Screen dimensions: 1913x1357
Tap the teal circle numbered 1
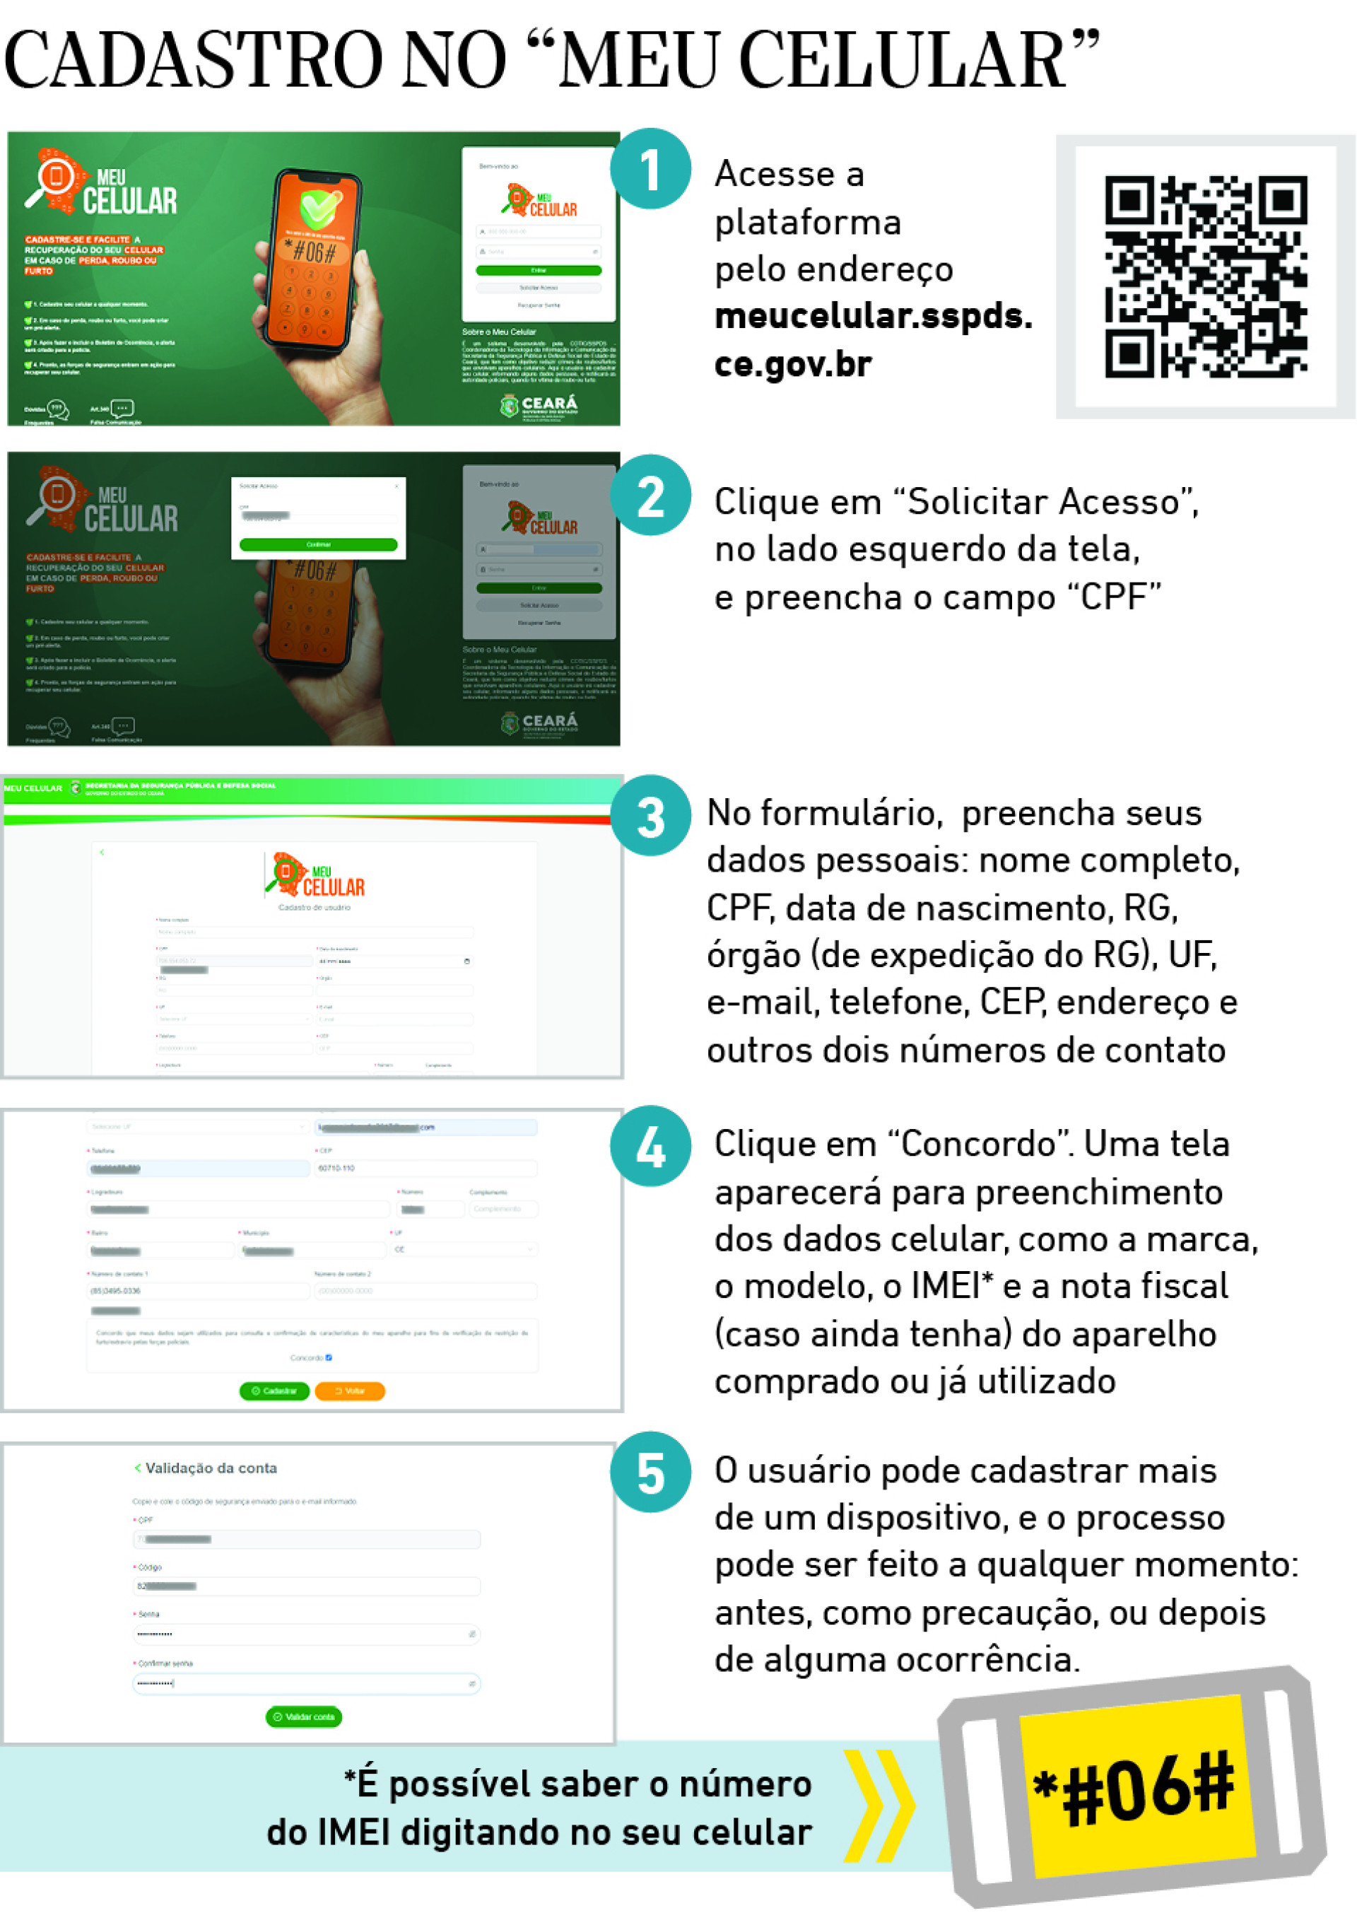(x=650, y=169)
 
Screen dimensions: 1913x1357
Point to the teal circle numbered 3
(x=650, y=816)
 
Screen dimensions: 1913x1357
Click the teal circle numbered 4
(x=650, y=1146)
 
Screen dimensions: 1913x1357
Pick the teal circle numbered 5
(x=650, y=1473)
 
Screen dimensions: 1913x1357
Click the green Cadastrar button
(x=274, y=1391)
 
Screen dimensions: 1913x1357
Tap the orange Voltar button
(x=349, y=1391)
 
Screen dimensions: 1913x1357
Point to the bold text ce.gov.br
(x=792, y=364)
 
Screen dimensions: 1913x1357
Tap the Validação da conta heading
(x=211, y=1468)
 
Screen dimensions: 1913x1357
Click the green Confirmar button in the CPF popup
(x=317, y=545)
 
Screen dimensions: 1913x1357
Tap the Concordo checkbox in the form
(x=329, y=1357)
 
